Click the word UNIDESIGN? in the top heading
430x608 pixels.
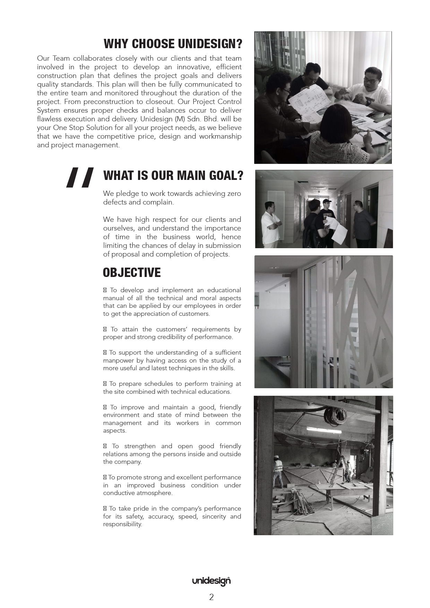pyautogui.click(x=210, y=44)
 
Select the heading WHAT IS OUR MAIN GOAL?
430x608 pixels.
pyautogui.click(x=173, y=176)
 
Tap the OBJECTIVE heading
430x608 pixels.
pyautogui.click(x=132, y=273)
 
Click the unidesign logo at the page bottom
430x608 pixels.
pyautogui.click(x=211, y=581)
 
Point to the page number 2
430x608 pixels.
pyautogui.click(x=212, y=597)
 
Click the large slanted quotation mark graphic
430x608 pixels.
pyautogui.click(x=80, y=177)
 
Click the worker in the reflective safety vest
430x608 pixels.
pyautogui.click(x=278, y=470)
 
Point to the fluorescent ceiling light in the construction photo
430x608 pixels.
pyautogui.click(x=324, y=431)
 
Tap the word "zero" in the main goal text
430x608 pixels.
pyautogui.click(x=234, y=193)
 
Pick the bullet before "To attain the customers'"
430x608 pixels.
pyautogui.click(x=105, y=329)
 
